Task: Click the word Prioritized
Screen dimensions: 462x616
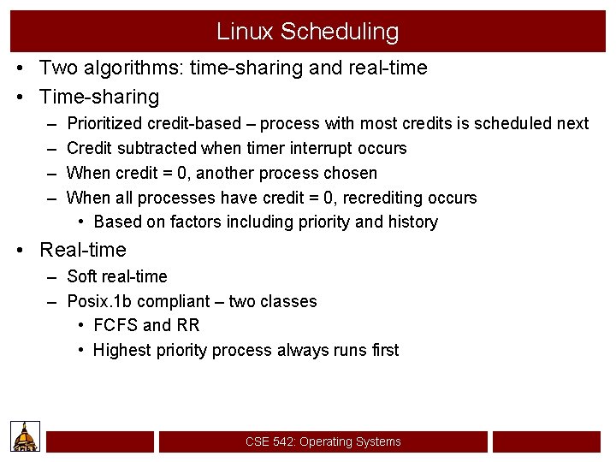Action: [x=109, y=123]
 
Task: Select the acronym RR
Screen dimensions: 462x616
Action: [x=187, y=325]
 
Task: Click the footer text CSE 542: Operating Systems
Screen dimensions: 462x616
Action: [x=323, y=441]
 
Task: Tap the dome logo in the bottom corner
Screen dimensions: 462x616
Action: [x=26, y=436]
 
